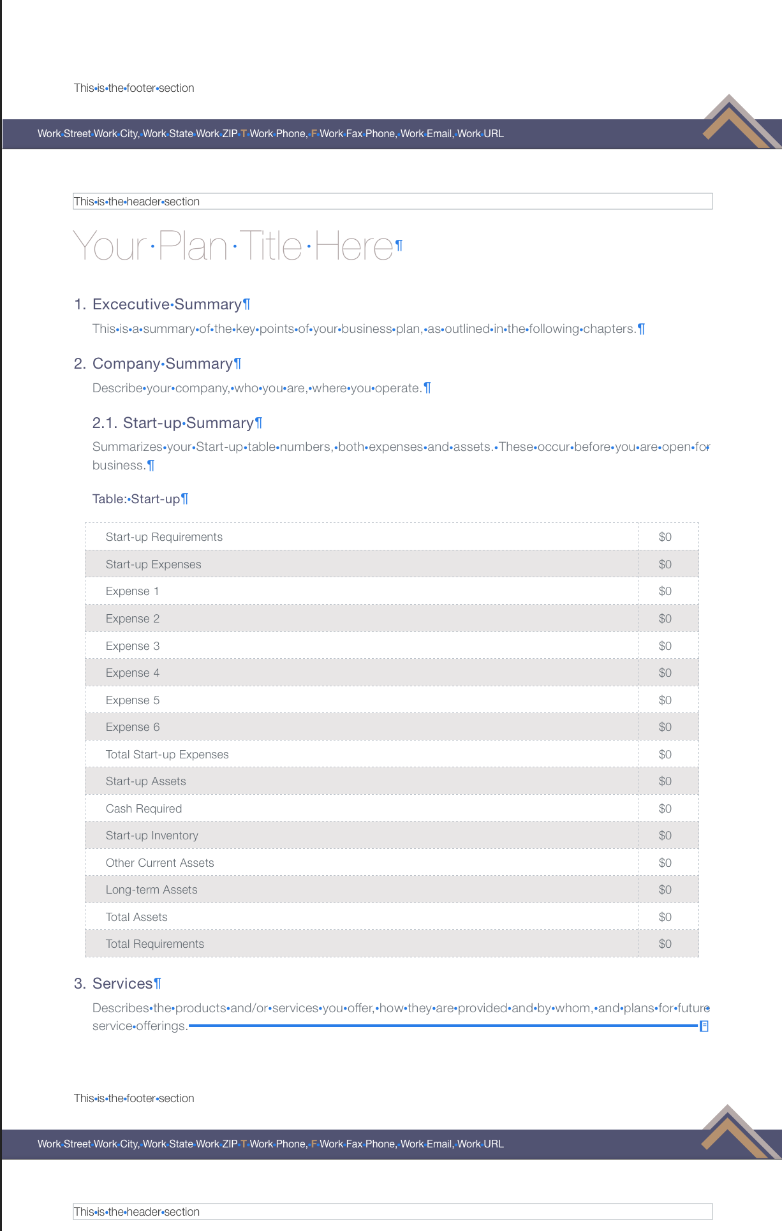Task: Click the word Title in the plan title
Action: [270, 246]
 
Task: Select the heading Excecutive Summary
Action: [166, 304]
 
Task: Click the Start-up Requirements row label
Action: [164, 537]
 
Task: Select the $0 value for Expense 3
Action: [665, 646]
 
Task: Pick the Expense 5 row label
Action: [133, 700]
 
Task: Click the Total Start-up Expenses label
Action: [167, 755]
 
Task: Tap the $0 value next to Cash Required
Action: [665, 809]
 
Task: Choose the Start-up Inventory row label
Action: [152, 836]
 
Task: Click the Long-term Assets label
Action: [152, 890]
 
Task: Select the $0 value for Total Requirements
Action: [665, 944]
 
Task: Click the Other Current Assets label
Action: [160, 863]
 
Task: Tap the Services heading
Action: [122, 984]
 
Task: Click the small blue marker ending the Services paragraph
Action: [704, 1026]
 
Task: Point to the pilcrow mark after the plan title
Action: [399, 245]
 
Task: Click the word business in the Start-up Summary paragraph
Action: [118, 466]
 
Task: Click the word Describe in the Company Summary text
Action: [118, 388]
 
